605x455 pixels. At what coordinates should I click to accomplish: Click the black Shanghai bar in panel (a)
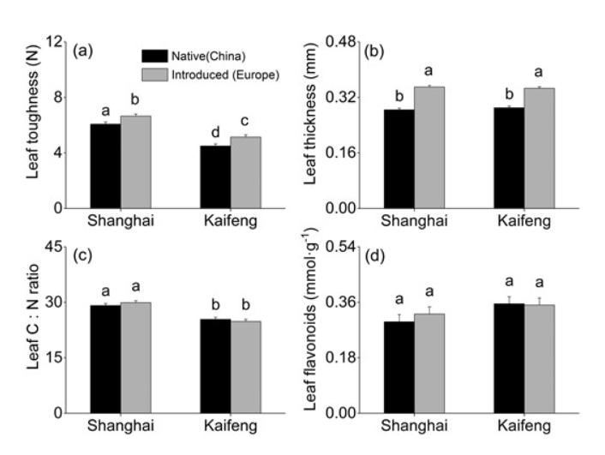point(105,166)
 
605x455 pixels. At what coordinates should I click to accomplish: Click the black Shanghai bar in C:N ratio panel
point(105,359)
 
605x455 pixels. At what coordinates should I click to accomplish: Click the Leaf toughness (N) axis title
point(31,125)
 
